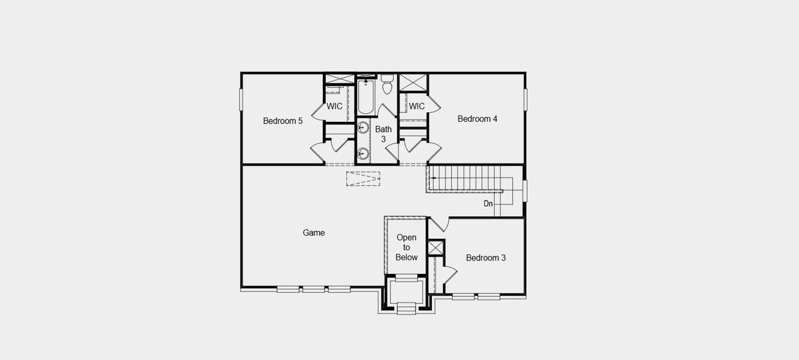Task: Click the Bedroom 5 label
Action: (x=283, y=121)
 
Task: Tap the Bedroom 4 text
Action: (x=477, y=119)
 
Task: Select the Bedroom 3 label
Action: (x=486, y=257)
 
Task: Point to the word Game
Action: (x=314, y=232)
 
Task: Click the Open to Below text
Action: (x=406, y=247)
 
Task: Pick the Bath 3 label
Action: (x=383, y=134)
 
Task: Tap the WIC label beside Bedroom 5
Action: (x=335, y=106)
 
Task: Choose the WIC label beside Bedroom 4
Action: (x=417, y=106)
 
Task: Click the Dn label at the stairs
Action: (x=488, y=203)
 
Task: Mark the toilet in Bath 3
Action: (x=387, y=85)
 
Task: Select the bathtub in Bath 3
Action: (x=366, y=97)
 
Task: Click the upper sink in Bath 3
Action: (x=364, y=127)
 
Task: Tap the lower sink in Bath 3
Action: (x=364, y=152)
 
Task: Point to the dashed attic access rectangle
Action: (x=363, y=178)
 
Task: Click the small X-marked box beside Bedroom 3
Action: (x=436, y=248)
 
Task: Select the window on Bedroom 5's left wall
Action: (x=242, y=100)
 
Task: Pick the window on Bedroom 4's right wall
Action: (x=525, y=100)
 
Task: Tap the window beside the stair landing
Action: (x=525, y=191)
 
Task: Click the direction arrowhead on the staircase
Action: (x=434, y=178)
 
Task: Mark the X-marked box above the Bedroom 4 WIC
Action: (x=413, y=83)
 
